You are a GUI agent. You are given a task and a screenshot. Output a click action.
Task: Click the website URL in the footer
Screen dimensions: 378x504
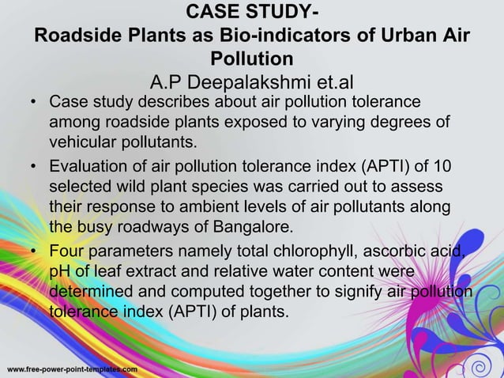pos(72,369)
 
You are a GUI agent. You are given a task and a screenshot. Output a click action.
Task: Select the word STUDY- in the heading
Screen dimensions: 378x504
pos(281,13)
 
